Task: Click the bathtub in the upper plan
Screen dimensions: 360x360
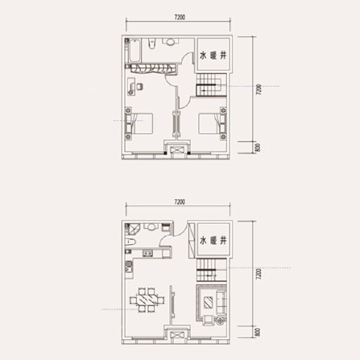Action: tap(134, 50)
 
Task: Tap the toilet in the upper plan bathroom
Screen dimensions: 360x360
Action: tap(152, 43)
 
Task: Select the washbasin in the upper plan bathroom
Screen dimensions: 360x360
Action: tap(170, 42)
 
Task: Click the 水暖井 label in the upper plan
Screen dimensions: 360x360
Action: tap(213, 55)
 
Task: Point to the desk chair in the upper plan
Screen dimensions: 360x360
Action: tap(140, 86)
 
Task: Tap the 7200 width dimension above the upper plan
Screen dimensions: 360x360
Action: tap(179, 17)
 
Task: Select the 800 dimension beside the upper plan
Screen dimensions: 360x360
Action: tap(257, 148)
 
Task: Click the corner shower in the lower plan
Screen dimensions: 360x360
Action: tap(134, 229)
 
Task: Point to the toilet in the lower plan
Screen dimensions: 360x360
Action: tap(131, 242)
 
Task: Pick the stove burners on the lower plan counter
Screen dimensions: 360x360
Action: tap(148, 253)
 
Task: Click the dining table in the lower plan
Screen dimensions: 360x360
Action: tap(147, 300)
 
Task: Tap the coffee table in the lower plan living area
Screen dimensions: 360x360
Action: tap(208, 302)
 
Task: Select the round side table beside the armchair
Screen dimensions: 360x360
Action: tap(220, 320)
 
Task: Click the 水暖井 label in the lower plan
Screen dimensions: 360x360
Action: tap(213, 241)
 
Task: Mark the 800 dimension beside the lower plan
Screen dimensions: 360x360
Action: tap(257, 332)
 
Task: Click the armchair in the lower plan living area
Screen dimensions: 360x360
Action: tap(208, 320)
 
